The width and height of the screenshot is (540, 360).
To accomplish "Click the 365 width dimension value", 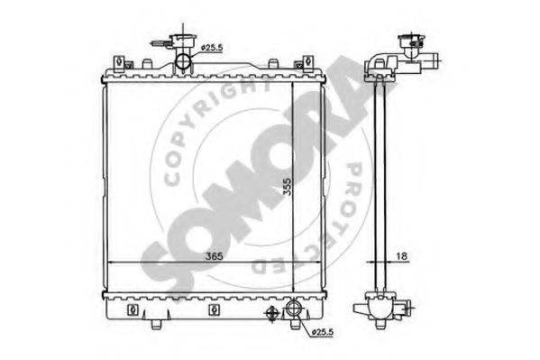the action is (214, 256).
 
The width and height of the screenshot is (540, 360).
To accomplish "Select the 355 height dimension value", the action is (287, 187).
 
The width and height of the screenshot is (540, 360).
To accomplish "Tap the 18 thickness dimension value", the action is (402, 256).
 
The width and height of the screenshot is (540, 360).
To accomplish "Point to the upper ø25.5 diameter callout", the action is (212, 48).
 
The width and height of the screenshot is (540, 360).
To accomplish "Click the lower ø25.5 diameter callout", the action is (322, 332).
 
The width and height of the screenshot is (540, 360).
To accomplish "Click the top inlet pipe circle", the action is (183, 61).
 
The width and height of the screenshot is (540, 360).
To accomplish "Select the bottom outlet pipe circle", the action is (294, 308).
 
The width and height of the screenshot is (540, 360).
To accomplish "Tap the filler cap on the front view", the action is (182, 41).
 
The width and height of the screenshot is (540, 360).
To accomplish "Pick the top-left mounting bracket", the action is (119, 63).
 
